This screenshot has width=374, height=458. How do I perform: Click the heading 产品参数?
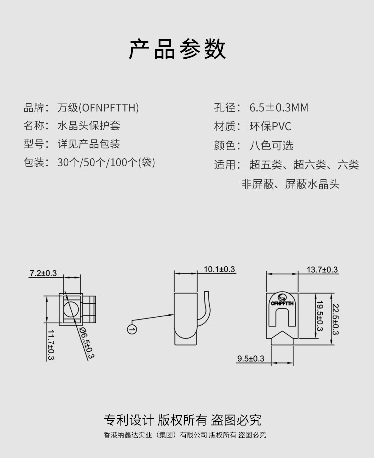(x=178, y=49)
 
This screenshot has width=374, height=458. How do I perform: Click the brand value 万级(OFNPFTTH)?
(x=98, y=107)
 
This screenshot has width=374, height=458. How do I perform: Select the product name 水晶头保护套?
(x=89, y=126)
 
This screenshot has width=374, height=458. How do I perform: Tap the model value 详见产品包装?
(x=89, y=144)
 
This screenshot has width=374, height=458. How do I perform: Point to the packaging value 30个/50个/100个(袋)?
(x=106, y=163)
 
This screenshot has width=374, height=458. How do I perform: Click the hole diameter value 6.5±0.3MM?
(x=278, y=108)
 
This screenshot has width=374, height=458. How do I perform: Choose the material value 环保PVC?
(x=270, y=126)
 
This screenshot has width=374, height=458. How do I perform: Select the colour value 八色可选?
(x=271, y=145)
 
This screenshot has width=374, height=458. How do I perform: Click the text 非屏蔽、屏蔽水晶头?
(x=290, y=184)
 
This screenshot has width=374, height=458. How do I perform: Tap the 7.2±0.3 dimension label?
(x=43, y=273)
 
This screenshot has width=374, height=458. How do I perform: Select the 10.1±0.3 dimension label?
(x=219, y=269)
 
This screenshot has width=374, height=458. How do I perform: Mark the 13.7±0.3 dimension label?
(x=322, y=270)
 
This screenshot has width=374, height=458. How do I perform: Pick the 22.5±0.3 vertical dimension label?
(x=335, y=319)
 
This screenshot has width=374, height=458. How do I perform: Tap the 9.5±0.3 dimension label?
(x=251, y=359)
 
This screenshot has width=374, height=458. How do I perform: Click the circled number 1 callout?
(x=132, y=329)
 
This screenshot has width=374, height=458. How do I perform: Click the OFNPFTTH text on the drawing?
(x=283, y=302)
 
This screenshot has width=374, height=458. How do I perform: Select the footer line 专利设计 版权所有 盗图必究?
(x=183, y=420)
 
